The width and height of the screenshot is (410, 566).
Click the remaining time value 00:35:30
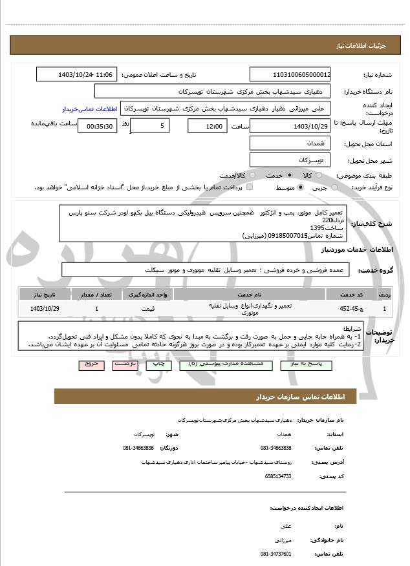coord(98,126)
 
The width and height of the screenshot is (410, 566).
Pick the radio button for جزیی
coord(334,187)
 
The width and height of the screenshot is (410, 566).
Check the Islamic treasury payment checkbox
coord(237,187)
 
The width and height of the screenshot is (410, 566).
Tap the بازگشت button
coord(125,364)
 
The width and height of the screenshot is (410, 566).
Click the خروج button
coord(91,364)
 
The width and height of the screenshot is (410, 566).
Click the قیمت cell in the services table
coord(148,308)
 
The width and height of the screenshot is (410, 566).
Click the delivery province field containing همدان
coord(290,143)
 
